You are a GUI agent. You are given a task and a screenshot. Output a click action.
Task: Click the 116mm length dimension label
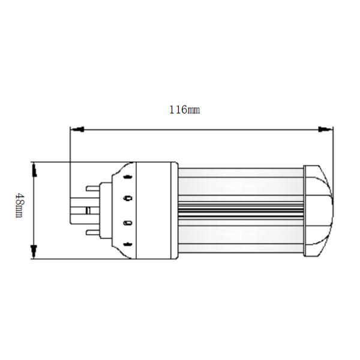[x=185, y=110]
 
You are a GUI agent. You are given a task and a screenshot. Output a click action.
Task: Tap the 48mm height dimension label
[x=20, y=206]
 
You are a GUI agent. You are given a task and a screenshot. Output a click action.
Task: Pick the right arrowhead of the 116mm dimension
[x=326, y=128]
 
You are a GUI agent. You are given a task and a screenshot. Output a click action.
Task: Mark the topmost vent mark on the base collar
[x=127, y=177]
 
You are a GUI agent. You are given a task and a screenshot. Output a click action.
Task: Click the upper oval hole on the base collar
[x=127, y=197]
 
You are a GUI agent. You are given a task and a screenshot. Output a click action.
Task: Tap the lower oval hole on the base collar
[x=127, y=223]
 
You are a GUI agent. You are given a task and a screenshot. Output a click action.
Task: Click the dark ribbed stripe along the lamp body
[x=240, y=210]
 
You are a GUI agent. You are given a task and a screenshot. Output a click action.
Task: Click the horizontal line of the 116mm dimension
[x=198, y=128]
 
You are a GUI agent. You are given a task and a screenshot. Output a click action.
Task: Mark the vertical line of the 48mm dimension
[x=34, y=210]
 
